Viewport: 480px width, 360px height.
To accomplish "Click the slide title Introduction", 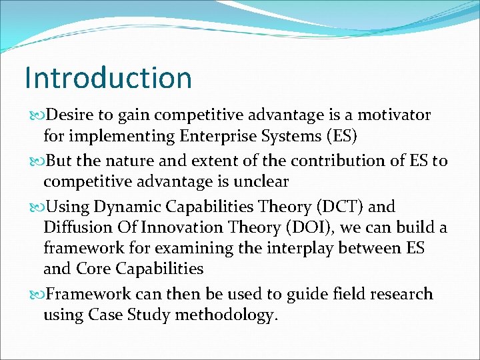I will pyautogui.click(x=108, y=77).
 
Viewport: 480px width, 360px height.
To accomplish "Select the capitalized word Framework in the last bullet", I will pyautogui.click(x=89, y=294).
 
